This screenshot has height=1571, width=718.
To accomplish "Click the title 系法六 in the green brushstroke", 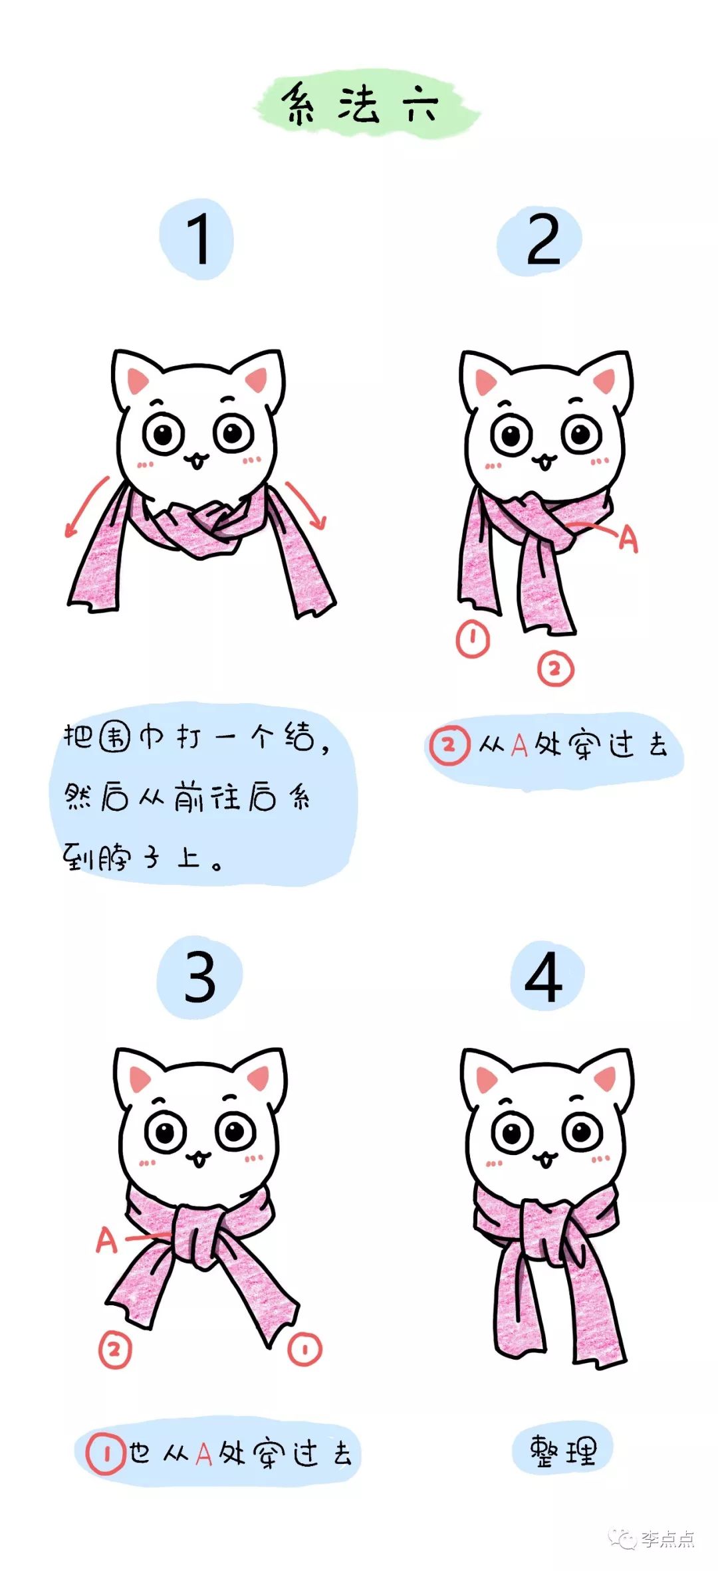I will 362,105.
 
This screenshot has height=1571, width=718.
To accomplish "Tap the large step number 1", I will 197,240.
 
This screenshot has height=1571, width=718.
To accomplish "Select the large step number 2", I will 542,240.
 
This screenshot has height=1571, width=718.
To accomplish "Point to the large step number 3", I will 200,976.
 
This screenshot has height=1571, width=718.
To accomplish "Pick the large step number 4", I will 544,976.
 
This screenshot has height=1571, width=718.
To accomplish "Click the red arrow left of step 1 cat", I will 86,506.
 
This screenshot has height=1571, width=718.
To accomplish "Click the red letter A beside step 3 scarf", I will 106,1240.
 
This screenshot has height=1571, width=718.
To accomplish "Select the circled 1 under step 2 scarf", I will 473,639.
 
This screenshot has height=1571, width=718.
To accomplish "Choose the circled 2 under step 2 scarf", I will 555,669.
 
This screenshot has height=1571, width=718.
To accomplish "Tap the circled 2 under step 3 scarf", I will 115,1350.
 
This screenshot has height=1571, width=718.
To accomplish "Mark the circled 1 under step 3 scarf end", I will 305,1348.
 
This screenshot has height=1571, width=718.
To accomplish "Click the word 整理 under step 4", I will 562,1451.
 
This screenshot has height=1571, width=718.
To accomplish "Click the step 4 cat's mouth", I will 544,1160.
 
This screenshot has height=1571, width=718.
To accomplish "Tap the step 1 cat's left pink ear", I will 138,380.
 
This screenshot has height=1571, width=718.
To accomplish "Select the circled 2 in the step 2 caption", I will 449,746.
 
